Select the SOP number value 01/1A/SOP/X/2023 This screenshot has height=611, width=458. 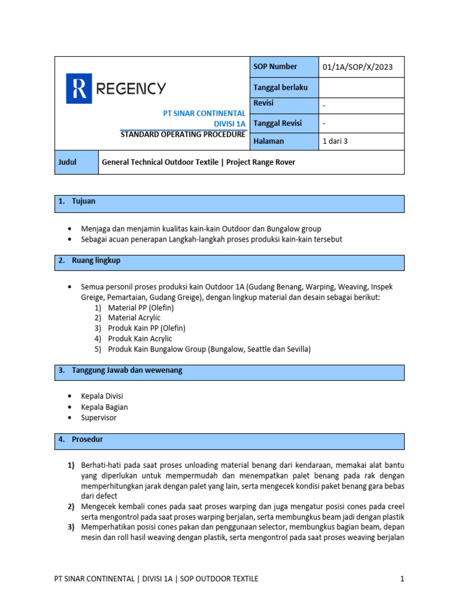coord(357,67)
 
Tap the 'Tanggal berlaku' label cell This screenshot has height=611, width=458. coord(281,88)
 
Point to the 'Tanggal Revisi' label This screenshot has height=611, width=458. coord(278,124)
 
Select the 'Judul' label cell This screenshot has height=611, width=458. coord(67,162)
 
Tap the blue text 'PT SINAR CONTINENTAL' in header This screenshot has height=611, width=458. coord(205,113)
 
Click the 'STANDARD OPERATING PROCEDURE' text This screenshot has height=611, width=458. coord(182,134)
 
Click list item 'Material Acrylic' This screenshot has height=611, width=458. coord(134,318)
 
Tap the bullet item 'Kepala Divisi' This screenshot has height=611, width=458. coord(102,396)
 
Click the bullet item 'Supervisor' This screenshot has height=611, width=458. coord(99,418)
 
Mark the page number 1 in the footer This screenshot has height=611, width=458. coord(403,579)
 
